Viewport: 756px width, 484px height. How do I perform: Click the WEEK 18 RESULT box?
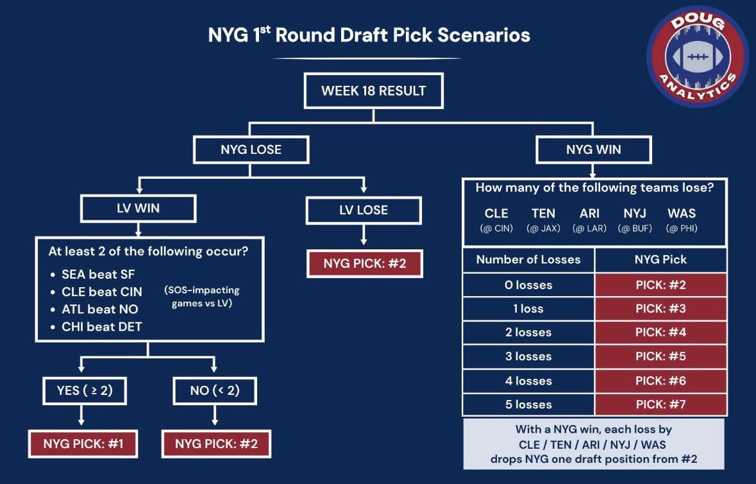[x=373, y=90]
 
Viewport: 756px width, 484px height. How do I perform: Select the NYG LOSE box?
[x=251, y=150]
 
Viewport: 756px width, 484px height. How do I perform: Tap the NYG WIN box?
[x=593, y=150]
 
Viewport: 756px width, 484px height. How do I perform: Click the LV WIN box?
[x=139, y=209]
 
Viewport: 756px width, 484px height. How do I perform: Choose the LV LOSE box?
[x=364, y=210]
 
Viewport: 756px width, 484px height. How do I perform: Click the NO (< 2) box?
[x=215, y=390]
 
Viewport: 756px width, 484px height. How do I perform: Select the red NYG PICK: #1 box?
[x=83, y=444]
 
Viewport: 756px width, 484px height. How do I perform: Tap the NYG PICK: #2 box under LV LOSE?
[x=364, y=263]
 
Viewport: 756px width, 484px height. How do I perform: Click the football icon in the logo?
[x=696, y=56]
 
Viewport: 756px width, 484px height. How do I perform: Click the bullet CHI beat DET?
[x=101, y=326]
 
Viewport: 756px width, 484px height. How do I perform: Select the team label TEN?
[x=543, y=213]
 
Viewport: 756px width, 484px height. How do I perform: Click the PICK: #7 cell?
[x=660, y=405]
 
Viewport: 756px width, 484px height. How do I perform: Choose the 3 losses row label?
[x=528, y=356]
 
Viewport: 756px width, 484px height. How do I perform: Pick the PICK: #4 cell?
[x=660, y=332]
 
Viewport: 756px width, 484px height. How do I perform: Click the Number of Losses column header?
[x=528, y=260]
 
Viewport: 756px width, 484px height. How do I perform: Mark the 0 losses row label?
[x=528, y=285]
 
